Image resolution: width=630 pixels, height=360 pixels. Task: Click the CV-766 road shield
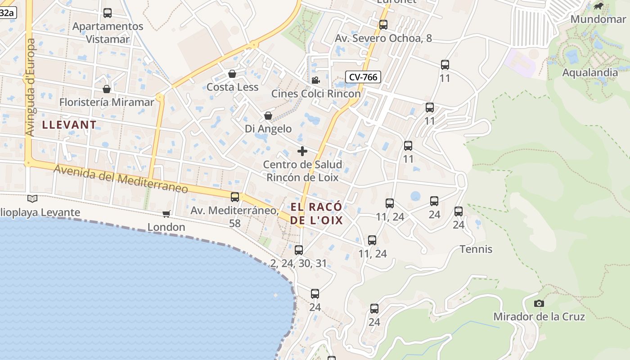tap(363, 77)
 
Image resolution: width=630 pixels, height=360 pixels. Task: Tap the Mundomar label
tap(598, 19)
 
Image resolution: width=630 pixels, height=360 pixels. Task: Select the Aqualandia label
tap(590, 72)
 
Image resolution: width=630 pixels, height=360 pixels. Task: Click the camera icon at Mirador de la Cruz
tap(539, 304)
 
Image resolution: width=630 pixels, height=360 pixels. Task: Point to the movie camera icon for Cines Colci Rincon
tap(316, 80)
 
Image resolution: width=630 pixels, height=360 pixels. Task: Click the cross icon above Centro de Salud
tap(302, 151)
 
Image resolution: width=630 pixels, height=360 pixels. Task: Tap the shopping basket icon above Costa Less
tap(232, 74)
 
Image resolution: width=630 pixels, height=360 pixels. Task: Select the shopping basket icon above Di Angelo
tap(268, 116)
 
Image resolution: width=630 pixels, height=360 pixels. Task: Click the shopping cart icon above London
tap(166, 214)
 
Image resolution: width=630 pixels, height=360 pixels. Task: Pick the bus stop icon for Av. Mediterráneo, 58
tap(235, 197)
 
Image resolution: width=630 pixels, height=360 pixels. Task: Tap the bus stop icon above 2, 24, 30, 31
tap(299, 250)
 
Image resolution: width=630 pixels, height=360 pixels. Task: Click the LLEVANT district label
tap(69, 125)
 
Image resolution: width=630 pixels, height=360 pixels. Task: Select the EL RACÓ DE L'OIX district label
tap(316, 213)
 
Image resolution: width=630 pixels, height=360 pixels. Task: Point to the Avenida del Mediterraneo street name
tap(121, 179)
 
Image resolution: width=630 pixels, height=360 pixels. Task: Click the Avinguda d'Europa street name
tap(31, 87)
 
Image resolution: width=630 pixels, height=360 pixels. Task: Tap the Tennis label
tap(476, 249)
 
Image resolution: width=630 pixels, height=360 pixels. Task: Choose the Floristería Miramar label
tap(107, 102)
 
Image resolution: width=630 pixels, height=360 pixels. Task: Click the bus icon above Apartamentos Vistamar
tap(108, 13)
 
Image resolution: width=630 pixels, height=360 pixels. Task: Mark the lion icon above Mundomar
tap(598, 6)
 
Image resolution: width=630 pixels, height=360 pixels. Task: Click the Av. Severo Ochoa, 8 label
tap(383, 38)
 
